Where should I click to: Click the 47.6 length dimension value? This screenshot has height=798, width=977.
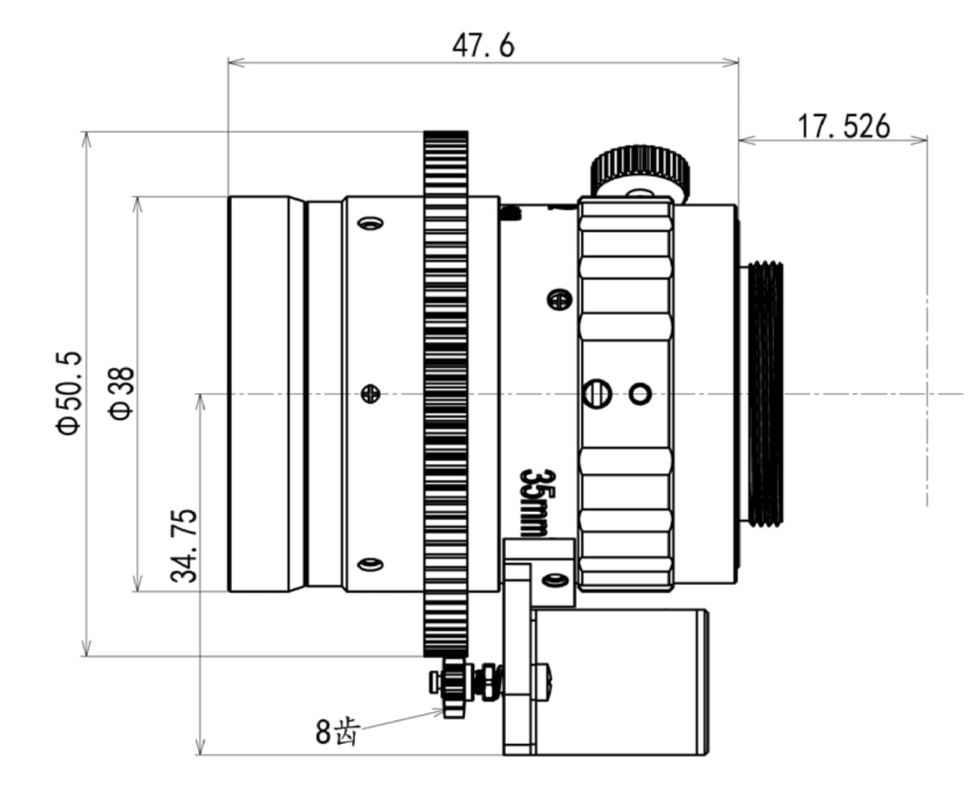click(x=483, y=47)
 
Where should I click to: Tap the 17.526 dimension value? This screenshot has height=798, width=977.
click(x=843, y=126)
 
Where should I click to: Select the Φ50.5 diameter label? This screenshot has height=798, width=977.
click(x=69, y=393)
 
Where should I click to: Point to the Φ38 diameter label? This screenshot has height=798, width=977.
click(x=121, y=394)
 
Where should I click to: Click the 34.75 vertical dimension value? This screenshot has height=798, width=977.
click(x=183, y=545)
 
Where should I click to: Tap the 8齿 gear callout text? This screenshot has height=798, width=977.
click(x=337, y=732)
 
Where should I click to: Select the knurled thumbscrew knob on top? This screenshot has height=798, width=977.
click(x=640, y=172)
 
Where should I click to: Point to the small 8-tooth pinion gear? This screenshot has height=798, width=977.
click(x=453, y=689)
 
